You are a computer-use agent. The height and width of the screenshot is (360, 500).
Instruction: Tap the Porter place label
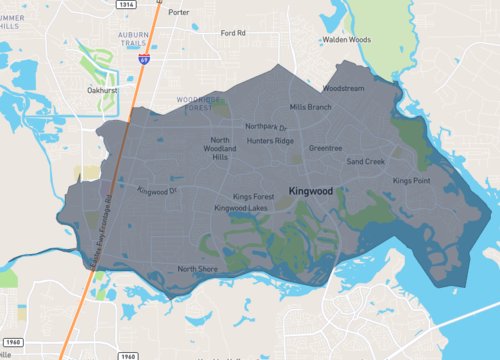click(179, 13)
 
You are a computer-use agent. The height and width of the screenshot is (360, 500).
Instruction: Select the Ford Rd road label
click(233, 33)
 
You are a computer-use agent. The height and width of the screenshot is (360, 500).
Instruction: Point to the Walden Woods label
click(346, 40)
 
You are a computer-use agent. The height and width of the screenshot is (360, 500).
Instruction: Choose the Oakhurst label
click(103, 89)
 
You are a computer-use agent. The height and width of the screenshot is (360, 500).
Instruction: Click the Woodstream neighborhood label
click(344, 88)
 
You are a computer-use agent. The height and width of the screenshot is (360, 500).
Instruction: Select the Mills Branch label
click(310, 107)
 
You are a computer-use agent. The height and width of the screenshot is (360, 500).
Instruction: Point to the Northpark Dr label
click(267, 128)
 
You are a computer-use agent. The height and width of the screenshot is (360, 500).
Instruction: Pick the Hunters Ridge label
click(271, 142)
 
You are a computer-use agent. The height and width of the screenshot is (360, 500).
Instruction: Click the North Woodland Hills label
click(221, 149)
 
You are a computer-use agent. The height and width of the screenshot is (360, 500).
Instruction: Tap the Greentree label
click(325, 148)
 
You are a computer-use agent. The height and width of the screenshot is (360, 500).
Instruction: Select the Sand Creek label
click(366, 161)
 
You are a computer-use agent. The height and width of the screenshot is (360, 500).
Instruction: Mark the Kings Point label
click(411, 181)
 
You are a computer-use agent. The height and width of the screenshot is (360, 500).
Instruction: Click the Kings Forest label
click(253, 197)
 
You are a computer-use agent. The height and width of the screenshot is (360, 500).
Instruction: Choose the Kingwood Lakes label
click(241, 208)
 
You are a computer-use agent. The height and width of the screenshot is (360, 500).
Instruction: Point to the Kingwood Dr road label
click(157, 190)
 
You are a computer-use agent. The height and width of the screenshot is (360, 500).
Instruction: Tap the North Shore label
click(197, 269)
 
